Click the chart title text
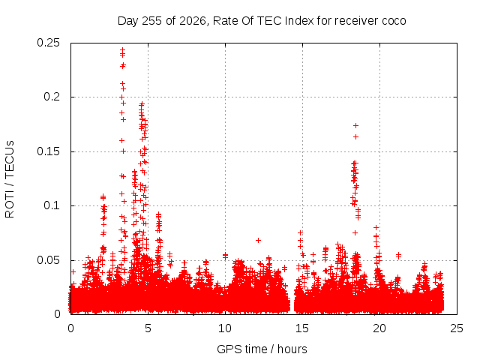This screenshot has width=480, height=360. point(262,21)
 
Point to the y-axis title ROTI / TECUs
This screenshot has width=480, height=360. point(10,179)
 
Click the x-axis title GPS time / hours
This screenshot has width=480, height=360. point(262,349)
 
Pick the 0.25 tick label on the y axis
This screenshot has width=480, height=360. point(48,43)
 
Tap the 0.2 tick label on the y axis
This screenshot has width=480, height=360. point(52,97)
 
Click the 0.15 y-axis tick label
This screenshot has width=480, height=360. point(48,151)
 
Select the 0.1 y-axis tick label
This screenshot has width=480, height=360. point(52,205)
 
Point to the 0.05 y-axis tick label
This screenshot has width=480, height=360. point(48,260)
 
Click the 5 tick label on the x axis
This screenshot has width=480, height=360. point(148,328)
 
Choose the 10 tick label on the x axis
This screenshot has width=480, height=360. point(225,328)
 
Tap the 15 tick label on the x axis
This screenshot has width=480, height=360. point(302,328)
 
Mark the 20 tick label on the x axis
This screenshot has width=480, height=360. point(379,328)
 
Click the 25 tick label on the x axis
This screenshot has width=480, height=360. point(457,328)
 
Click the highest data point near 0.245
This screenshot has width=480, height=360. point(122,49)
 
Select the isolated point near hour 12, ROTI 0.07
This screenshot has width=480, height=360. point(258,240)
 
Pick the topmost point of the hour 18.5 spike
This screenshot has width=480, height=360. point(355,125)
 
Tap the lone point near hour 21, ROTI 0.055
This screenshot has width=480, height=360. point(398,255)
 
